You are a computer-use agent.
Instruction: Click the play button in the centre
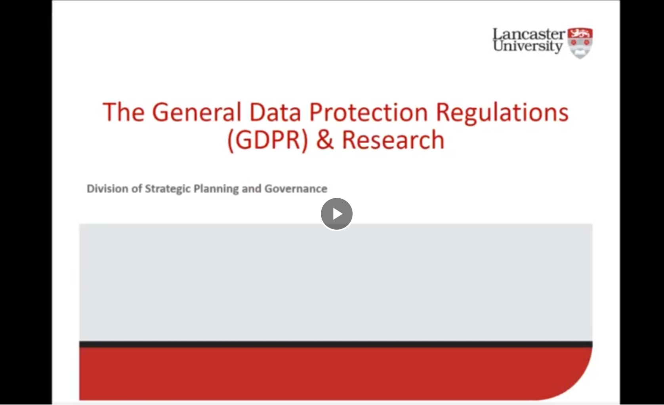click(336, 214)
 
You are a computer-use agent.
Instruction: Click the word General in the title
click(197, 112)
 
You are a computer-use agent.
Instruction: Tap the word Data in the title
click(275, 112)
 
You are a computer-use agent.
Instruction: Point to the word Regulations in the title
click(502, 112)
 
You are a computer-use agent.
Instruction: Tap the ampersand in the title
click(325, 140)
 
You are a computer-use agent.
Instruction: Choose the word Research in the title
click(393, 140)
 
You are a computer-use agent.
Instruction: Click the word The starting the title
click(123, 112)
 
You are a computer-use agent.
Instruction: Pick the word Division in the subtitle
click(107, 188)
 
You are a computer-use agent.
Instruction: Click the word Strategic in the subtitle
click(168, 189)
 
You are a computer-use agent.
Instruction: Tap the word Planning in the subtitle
click(216, 189)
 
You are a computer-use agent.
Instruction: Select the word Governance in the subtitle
click(296, 188)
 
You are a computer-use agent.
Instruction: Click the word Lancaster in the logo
click(529, 34)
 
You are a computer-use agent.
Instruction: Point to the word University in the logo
click(528, 46)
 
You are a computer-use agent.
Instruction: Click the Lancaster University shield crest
click(580, 43)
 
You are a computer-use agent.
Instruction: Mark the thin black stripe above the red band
click(336, 344)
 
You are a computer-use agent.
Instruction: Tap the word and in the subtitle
click(252, 188)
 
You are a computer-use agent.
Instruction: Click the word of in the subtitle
click(137, 188)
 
